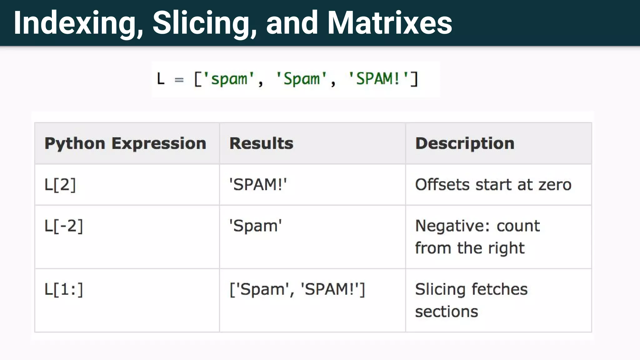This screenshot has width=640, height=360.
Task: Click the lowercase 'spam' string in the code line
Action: [x=229, y=79]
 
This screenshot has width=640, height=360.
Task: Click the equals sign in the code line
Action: [x=179, y=80]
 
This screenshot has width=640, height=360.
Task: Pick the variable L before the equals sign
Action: [x=161, y=79]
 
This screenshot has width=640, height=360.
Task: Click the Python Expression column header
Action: [x=125, y=143]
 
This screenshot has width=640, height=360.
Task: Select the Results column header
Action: [x=261, y=143]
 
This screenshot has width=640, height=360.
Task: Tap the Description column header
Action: [x=465, y=143]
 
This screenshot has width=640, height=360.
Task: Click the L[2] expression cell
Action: [x=60, y=184]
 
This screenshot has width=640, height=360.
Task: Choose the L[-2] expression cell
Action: [x=64, y=226]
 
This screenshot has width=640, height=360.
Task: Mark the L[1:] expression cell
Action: [x=64, y=289]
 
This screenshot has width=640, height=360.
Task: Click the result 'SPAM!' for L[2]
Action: [x=258, y=184]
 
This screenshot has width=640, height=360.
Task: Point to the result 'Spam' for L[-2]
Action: [x=255, y=226]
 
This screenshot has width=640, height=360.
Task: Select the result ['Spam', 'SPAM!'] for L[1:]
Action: [x=297, y=289]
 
